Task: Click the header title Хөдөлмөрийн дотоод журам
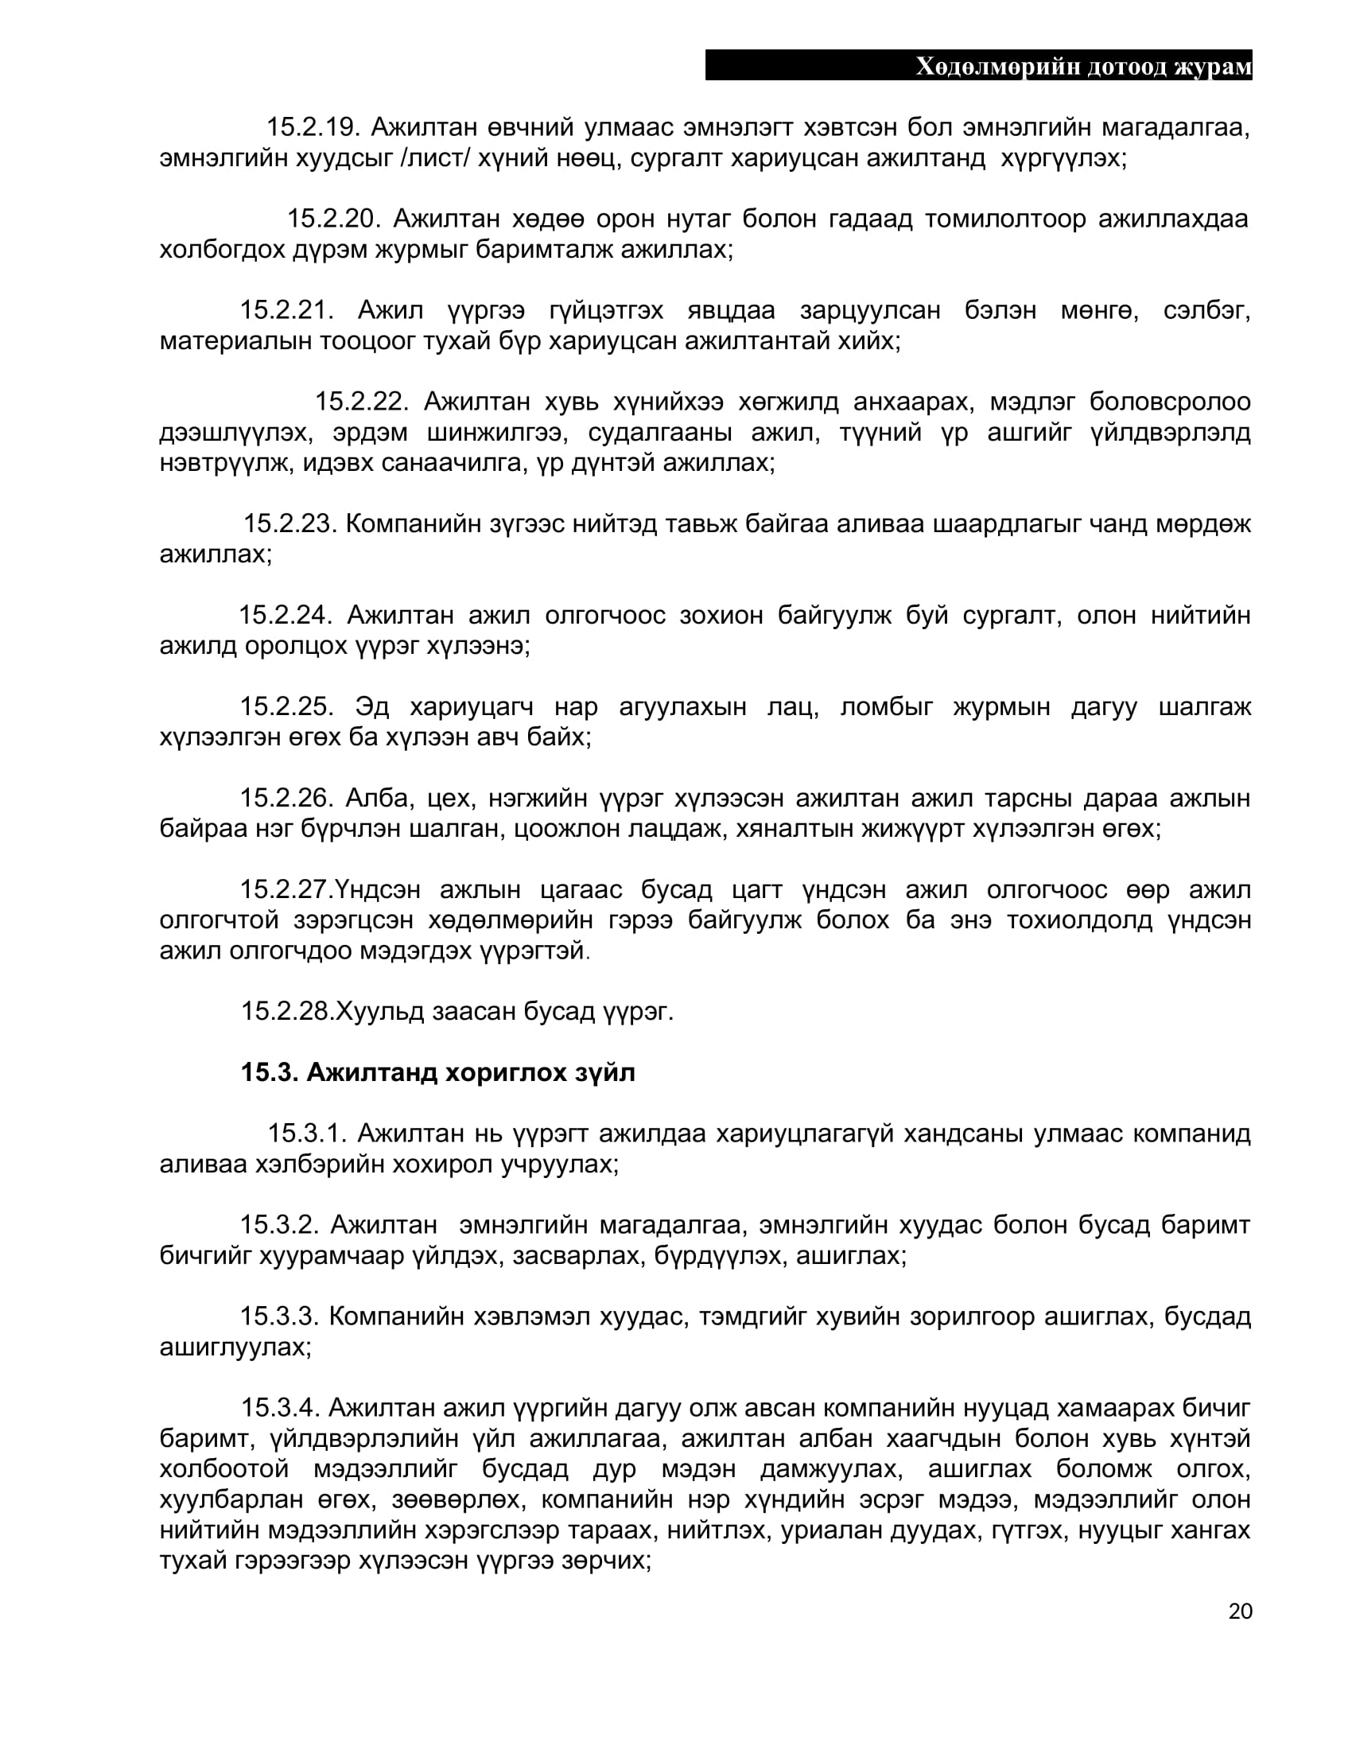[x=1083, y=67]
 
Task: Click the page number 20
[x=1240, y=1611]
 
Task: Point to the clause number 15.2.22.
[x=361, y=401]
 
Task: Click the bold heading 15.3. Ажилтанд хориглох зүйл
[x=438, y=1072]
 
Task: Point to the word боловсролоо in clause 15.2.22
[x=1169, y=401]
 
